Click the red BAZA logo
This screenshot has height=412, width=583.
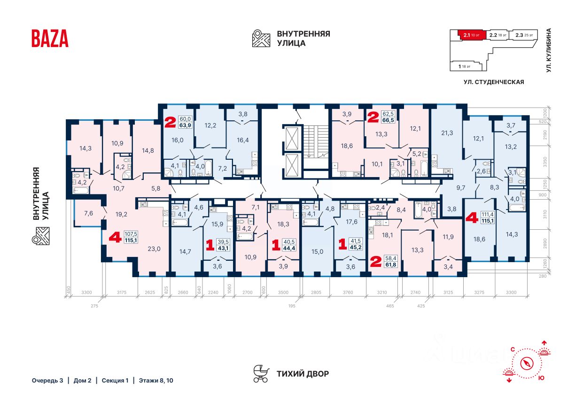(x=50, y=38)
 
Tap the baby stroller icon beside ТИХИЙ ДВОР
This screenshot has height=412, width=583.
(x=260, y=373)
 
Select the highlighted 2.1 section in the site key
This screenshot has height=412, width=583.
(x=470, y=35)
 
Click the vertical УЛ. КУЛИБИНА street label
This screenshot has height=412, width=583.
(x=549, y=50)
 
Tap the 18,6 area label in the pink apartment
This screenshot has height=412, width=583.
(x=347, y=146)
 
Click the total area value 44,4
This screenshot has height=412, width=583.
(x=289, y=249)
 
